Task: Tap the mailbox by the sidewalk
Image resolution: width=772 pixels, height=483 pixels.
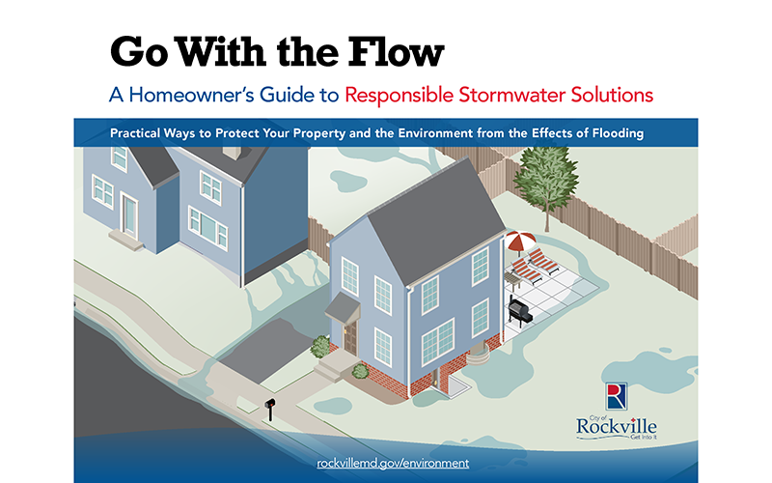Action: [x=270, y=404]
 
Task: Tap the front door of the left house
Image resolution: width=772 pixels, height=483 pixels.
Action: [x=129, y=215]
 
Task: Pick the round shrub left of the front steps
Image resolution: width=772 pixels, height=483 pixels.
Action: [x=320, y=346]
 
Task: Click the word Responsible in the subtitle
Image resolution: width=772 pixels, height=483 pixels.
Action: [x=400, y=96]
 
